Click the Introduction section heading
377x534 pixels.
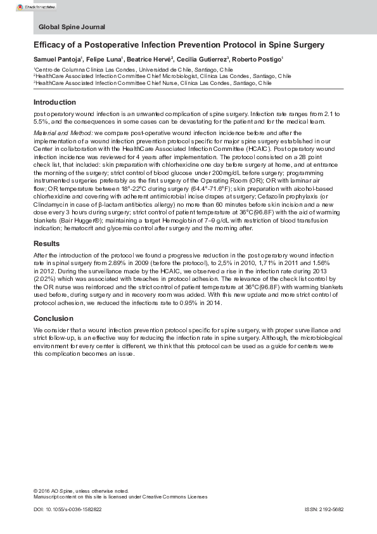click(55, 102)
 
